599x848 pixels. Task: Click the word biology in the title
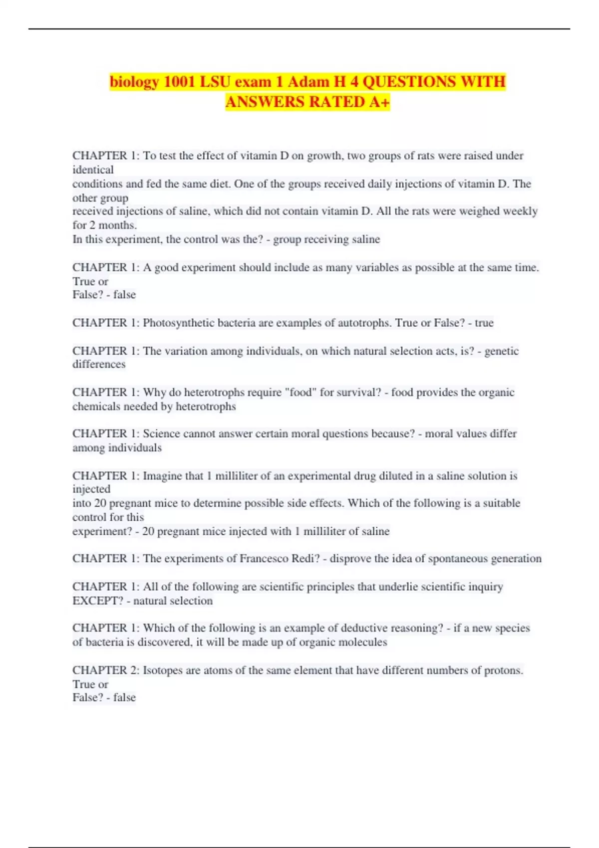click(x=134, y=82)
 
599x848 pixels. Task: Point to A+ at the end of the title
click(x=379, y=102)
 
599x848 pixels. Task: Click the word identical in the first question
click(x=93, y=170)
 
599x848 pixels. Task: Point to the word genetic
click(x=502, y=351)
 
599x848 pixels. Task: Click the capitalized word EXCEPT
click(x=97, y=601)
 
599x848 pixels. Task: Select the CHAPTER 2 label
click(x=105, y=670)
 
